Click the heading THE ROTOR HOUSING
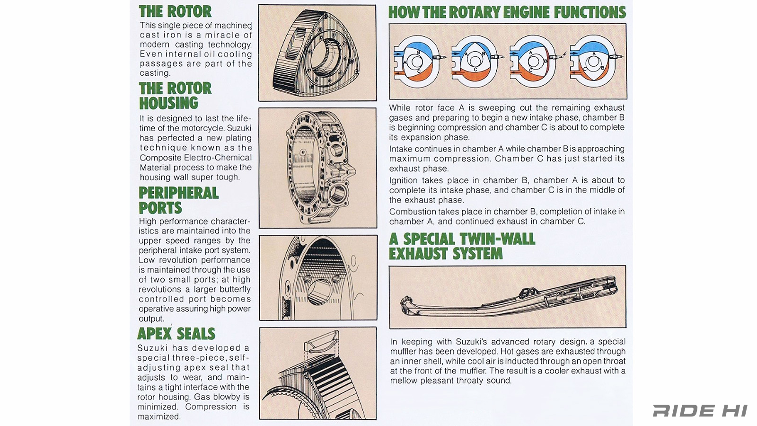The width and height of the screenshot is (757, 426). [x=175, y=96]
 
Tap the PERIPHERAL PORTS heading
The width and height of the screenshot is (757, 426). [x=179, y=200]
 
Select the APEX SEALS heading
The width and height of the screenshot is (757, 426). [x=176, y=334]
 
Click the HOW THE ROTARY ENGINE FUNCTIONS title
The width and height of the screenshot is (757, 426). [x=507, y=12]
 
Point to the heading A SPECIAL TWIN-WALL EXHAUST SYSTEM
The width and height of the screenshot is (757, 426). [x=462, y=246]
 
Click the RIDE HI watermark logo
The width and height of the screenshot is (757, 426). [x=700, y=411]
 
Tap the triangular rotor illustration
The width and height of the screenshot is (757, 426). [x=316, y=53]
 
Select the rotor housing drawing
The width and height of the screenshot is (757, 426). [x=320, y=168]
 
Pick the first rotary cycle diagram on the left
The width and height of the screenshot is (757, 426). [x=418, y=62]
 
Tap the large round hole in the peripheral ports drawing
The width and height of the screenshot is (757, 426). [x=319, y=292]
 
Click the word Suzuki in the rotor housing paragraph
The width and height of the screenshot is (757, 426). [x=239, y=128]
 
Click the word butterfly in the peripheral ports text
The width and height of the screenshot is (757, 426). [x=235, y=290]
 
